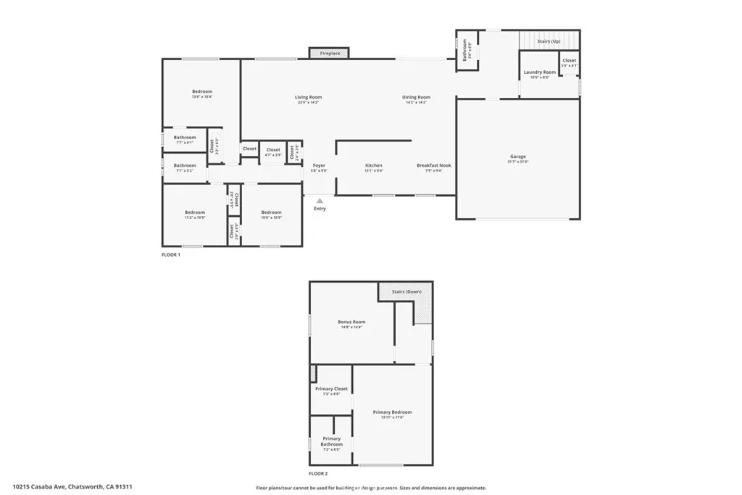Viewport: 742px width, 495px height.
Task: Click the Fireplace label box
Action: pos(330,53)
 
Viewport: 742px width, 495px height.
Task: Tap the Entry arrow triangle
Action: pos(320,201)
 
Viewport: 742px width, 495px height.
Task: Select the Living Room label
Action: pos(308,97)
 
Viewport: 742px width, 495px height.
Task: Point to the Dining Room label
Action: pos(417,97)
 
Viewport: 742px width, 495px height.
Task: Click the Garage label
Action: pos(517,157)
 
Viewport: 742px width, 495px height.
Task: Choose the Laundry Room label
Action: pos(539,72)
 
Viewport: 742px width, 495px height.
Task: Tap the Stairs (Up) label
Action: pos(549,41)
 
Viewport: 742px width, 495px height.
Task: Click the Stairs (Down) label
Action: pos(407,291)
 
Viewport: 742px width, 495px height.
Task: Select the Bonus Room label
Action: pos(351,322)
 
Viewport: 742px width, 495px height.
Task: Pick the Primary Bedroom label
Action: pos(392,412)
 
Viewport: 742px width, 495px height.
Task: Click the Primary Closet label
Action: pos(331,389)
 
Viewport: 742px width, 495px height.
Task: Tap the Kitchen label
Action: pos(373,165)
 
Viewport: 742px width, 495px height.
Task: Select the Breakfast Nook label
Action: pos(433,165)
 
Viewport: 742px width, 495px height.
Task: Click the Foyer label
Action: pos(319,165)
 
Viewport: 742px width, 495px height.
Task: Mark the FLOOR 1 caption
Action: pos(171,255)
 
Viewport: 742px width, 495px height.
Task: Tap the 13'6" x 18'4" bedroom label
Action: pos(202,91)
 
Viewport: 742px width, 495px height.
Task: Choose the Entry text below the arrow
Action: pos(320,209)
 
